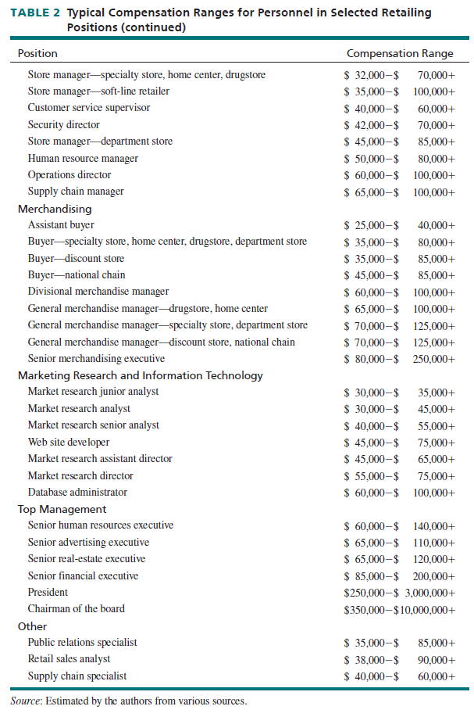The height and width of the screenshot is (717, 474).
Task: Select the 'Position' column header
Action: tap(37, 54)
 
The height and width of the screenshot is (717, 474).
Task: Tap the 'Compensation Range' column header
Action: tap(399, 54)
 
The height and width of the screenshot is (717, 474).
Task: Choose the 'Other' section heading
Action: tap(32, 626)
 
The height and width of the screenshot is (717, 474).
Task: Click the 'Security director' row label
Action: tap(64, 124)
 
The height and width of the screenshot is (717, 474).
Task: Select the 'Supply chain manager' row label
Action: tap(76, 192)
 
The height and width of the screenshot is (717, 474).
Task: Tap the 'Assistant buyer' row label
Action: tap(62, 224)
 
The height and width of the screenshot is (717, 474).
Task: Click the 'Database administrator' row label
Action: tap(77, 493)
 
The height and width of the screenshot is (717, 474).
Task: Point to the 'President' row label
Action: tap(48, 592)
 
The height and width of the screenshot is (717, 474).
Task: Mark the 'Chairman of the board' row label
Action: tap(77, 609)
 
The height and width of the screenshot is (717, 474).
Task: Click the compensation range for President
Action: tap(399, 593)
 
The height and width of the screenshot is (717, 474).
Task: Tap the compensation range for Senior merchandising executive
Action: tap(399, 359)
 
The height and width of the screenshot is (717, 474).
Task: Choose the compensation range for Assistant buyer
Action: tap(399, 225)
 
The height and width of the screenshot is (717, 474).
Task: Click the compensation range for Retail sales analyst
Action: tap(399, 659)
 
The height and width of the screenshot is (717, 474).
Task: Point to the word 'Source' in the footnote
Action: tap(27, 701)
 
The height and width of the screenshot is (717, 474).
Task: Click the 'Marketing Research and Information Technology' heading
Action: tap(141, 375)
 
